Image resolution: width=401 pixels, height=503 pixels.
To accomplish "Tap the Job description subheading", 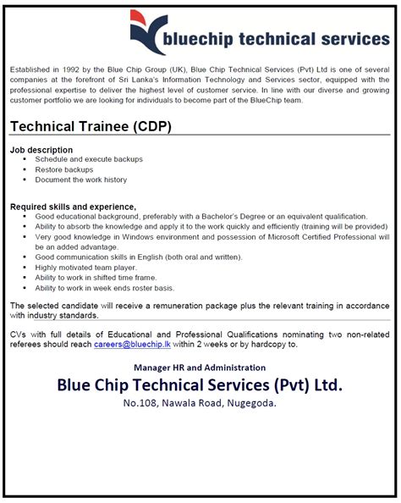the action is click(x=41, y=149).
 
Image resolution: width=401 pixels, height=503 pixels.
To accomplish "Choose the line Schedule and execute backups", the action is click(x=89, y=159).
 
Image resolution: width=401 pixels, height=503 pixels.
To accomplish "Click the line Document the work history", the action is click(x=81, y=180).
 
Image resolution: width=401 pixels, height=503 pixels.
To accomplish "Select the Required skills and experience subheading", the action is click(x=73, y=207).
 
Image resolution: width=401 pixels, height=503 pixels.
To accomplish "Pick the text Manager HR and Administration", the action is click(x=200, y=368).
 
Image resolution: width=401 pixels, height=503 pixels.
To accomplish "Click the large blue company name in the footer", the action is click(x=200, y=385).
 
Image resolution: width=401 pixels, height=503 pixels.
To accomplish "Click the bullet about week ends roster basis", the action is click(x=105, y=287).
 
